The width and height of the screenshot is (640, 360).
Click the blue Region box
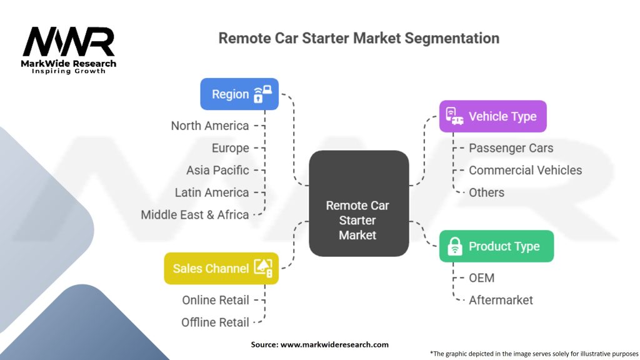pyautogui.click(x=239, y=94)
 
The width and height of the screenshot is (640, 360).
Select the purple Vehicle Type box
pyautogui.click(x=492, y=116)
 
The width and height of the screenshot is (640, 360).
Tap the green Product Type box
pyautogui.click(x=496, y=246)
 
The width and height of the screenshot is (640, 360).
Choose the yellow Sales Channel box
pyautogui.click(x=221, y=268)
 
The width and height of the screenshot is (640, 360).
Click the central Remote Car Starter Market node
pyautogui.click(x=359, y=203)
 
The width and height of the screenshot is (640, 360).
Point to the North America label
pyautogui.click(x=210, y=126)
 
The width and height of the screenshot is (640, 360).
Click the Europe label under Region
pyautogui.click(x=230, y=148)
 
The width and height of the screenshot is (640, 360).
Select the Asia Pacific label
pyautogui.click(x=217, y=170)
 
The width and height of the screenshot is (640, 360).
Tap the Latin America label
pyautogui.click(x=212, y=192)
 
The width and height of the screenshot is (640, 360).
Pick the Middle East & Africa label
pyautogui.click(x=195, y=215)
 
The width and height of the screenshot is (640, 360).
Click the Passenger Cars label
pyautogui.click(x=511, y=148)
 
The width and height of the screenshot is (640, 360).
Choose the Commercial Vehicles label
pyautogui.click(x=525, y=170)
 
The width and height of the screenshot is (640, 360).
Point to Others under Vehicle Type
pyautogui.click(x=486, y=192)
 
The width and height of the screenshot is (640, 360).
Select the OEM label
pyautogui.click(x=482, y=278)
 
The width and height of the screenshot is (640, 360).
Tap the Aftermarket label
pyautogui.click(x=501, y=300)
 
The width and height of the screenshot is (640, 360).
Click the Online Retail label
pyautogui.click(x=216, y=300)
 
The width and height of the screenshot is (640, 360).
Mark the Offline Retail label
pyautogui.click(x=215, y=322)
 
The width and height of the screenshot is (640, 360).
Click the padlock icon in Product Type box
pyautogui.click(x=455, y=246)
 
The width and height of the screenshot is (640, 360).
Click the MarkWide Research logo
pyautogui.click(x=69, y=50)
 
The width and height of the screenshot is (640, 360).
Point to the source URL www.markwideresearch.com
pyautogui.click(x=334, y=344)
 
